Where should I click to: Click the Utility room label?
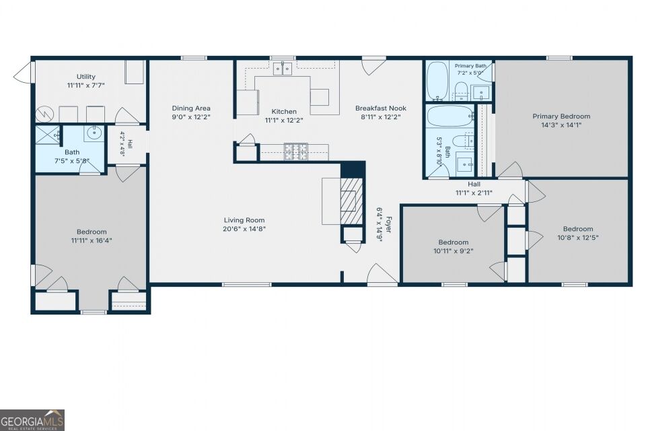click(x=85, y=77)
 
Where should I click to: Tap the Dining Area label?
click(x=191, y=108)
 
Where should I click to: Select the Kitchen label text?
click(x=284, y=111)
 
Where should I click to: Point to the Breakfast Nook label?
click(x=381, y=108)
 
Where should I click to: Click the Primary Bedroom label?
click(x=561, y=117)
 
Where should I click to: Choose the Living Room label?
click(x=244, y=220)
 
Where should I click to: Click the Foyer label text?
click(x=388, y=225)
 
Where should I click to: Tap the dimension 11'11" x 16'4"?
click(x=92, y=240)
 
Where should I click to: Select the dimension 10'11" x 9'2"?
click(x=453, y=251)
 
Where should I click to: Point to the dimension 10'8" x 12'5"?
click(x=578, y=238)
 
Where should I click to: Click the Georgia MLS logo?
click(x=32, y=420)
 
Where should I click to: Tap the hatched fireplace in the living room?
click(x=351, y=201)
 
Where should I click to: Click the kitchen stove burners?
click(x=296, y=152)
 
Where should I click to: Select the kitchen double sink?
click(x=283, y=69)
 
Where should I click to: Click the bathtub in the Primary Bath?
click(x=437, y=81)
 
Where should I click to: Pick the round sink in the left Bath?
click(x=94, y=133)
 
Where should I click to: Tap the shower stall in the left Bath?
click(x=48, y=135)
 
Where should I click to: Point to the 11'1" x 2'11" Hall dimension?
click(x=474, y=193)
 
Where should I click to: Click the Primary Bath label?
click(x=470, y=66)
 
